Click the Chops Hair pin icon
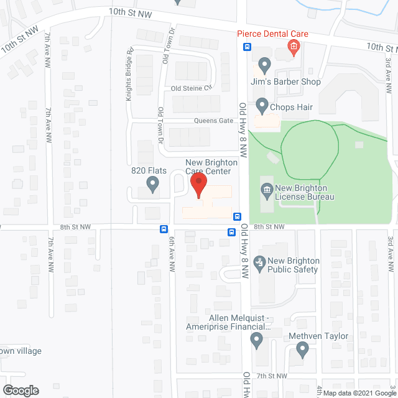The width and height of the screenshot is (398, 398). coord(262,106)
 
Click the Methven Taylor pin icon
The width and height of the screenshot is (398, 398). coord(303,351)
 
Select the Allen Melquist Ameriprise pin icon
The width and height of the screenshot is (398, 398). coord(256,340)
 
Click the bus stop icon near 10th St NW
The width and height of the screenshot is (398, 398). coord(247,47)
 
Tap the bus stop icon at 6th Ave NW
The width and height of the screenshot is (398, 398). coord(164,229)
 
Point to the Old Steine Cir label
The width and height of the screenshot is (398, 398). coord(192,88)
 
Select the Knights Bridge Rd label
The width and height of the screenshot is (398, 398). coord(129,75)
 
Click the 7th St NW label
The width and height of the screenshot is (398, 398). coord(272,376)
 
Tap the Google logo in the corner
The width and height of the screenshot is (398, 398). coord(20,391)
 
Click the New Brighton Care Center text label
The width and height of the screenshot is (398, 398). coord(208,167)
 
